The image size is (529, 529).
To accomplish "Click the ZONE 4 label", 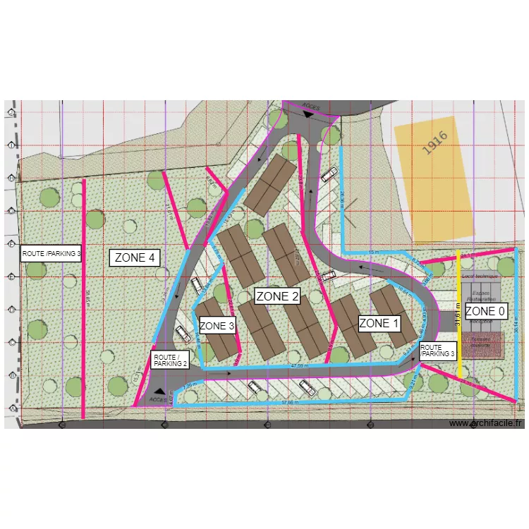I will (x=135, y=258).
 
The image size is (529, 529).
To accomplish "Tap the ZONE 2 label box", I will (x=277, y=296).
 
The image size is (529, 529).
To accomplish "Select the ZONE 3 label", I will (x=217, y=326).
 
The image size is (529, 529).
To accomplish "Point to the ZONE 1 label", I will (x=379, y=324).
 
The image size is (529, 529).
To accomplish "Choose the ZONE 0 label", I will (x=485, y=311).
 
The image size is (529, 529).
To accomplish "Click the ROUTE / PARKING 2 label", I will (x=170, y=360).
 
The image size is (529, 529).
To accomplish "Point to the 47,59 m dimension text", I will (x=299, y=366).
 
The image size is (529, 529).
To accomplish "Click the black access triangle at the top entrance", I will (x=308, y=114).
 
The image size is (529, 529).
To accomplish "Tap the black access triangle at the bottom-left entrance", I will (x=161, y=391).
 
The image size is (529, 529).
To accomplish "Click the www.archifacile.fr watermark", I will (x=486, y=423).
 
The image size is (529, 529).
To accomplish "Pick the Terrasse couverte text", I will (x=481, y=344).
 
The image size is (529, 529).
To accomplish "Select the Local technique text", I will (x=480, y=277).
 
